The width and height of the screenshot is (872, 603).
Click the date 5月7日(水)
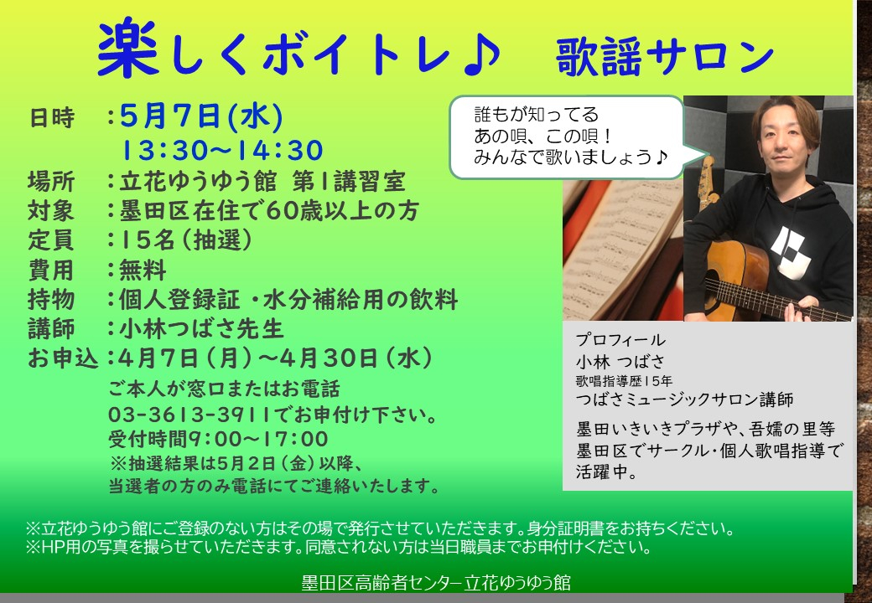pyautogui.click(x=201, y=116)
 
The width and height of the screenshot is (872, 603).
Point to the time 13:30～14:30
pyautogui.click(x=222, y=151)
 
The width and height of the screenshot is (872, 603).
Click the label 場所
pyautogui.click(x=51, y=182)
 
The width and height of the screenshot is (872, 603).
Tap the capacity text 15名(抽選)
pyautogui.click(x=185, y=240)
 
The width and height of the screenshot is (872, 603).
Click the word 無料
pyautogui.click(x=143, y=270)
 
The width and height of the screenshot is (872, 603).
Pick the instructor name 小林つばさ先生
pyautogui.click(x=202, y=328)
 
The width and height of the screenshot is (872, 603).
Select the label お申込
pyautogui.click(x=63, y=358)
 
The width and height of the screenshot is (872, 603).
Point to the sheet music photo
pyautogui.click(x=623, y=250)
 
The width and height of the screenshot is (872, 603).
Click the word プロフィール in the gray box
pyautogui.click(x=620, y=340)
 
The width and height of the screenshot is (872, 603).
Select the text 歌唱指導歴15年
pyautogui.click(x=624, y=381)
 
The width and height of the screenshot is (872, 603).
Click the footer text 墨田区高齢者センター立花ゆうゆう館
pyautogui.click(x=436, y=583)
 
